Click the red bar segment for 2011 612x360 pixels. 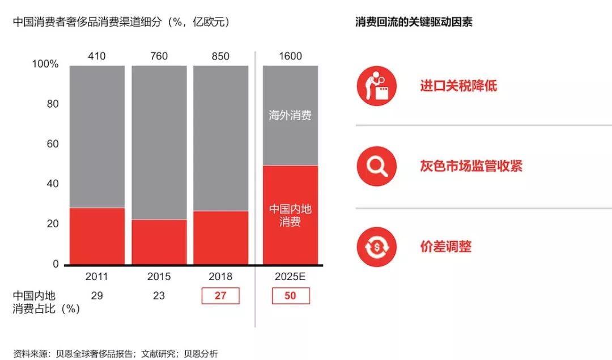[97, 236]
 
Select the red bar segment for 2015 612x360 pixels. [159, 242]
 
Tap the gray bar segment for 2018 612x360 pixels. [221, 138]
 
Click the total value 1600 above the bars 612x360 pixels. [290, 56]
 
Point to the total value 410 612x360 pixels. [97, 56]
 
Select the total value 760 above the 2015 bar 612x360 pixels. [159, 56]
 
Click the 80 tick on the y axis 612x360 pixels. [52, 104]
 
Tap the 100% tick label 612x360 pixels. [45, 64]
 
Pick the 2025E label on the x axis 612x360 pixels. [290, 277]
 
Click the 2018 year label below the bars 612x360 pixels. [221, 277]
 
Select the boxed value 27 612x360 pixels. [220, 295]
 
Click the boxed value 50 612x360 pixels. [291, 295]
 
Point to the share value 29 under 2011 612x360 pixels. [97, 295]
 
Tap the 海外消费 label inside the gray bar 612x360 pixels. [290, 116]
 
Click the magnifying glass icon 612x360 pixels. [376, 166]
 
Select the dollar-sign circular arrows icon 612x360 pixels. [376, 247]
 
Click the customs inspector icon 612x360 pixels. [376, 86]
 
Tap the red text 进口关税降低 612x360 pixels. [458, 86]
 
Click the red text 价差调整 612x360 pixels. [445, 247]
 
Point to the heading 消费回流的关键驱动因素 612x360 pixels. [414, 22]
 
